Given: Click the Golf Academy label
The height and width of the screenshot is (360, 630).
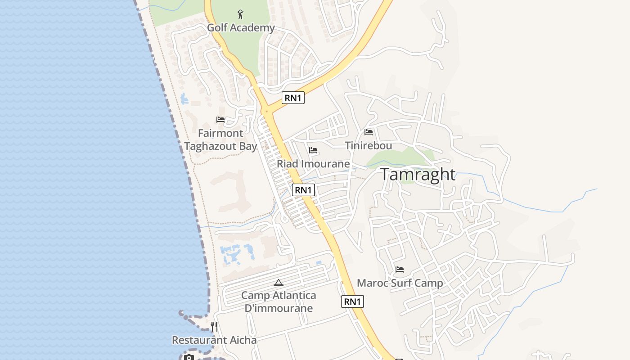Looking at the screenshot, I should tap(241, 28).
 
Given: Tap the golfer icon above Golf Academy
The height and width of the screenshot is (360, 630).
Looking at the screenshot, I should tap(241, 14).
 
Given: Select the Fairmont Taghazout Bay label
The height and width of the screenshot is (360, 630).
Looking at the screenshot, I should tap(220, 140).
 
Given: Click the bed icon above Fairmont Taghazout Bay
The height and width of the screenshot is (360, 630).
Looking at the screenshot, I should tap(220, 120).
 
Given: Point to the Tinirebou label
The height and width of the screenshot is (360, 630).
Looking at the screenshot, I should tap(369, 145).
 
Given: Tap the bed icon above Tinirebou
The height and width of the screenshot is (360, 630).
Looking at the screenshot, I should tap(369, 132).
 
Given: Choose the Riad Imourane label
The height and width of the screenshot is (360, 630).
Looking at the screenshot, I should tap(313, 164).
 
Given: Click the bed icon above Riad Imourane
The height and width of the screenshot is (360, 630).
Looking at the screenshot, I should tap(313, 150).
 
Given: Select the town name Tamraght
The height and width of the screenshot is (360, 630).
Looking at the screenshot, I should tap(418, 175).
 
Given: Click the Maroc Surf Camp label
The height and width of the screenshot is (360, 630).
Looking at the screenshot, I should tap(400, 283).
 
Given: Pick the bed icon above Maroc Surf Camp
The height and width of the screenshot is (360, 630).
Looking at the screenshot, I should tap(400, 270).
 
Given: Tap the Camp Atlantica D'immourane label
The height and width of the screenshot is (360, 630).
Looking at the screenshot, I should tap(279, 302).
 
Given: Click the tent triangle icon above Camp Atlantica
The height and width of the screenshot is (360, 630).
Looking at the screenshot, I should tap(279, 283).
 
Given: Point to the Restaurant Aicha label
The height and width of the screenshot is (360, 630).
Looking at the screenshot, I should tap(214, 340).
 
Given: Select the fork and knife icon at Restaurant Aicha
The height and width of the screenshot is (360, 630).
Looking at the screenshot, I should tap(214, 327).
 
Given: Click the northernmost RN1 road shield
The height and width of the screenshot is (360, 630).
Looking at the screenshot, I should tap(293, 98).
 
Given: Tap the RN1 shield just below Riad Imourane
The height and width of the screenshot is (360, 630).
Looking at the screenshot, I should tap(303, 190).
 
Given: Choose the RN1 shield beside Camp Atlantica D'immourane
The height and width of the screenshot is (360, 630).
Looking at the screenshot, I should tap(352, 301).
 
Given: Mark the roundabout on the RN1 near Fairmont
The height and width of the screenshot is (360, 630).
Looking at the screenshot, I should tap(267, 110).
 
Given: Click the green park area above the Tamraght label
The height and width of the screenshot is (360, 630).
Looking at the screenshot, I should tap(396, 157).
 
